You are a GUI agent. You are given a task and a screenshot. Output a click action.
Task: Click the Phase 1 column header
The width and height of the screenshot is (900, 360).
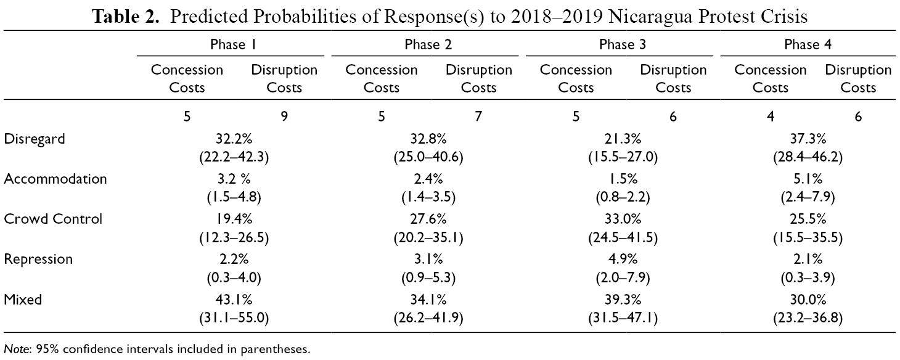233,44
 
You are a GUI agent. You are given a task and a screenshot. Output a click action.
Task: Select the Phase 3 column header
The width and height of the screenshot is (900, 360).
623,44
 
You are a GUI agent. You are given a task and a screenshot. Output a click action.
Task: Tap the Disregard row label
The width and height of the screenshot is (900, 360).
34,139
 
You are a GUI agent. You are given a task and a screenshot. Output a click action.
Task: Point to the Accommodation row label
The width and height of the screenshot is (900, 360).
55,179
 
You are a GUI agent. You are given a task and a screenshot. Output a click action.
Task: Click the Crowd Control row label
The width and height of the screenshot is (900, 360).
53,219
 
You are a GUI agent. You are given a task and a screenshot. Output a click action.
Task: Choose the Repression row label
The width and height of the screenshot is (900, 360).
38,260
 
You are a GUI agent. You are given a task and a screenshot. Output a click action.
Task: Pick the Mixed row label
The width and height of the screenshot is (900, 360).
23,300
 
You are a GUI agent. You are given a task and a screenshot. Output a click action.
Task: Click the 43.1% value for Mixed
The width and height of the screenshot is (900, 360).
234,300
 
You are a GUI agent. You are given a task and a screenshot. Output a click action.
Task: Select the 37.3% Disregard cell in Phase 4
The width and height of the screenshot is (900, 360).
808,139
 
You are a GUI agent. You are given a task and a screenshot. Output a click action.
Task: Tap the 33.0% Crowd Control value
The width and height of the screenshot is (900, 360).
623,219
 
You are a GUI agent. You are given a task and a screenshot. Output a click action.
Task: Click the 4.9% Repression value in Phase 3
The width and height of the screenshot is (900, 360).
623,259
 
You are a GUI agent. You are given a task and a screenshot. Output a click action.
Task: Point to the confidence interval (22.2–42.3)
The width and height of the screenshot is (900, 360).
234,157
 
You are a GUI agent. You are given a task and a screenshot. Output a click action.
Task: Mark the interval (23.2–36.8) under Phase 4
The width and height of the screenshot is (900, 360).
808,318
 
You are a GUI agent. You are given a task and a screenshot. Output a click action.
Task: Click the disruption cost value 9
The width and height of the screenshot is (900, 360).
284,117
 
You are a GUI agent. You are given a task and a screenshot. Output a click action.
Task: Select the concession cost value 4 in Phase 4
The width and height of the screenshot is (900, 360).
770,117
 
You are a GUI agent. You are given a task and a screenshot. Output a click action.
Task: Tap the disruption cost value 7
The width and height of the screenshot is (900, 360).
478,117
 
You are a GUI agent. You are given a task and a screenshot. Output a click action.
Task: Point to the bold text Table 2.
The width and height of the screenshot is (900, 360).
125,17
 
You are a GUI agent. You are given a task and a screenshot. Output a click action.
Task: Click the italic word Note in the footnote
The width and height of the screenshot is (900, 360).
17,349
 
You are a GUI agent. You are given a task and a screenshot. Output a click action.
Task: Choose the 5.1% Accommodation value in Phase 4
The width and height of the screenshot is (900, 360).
808,179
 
